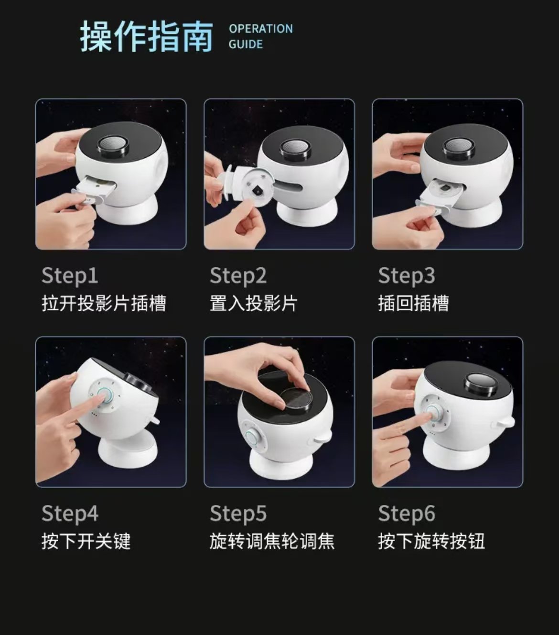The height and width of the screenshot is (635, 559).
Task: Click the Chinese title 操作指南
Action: pos(146,36)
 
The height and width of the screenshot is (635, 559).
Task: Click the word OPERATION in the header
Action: pos(260,29)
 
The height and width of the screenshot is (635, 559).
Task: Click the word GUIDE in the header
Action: pos(246,44)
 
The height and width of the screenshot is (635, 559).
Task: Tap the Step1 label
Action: pos(70,276)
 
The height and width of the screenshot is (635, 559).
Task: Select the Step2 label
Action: pos(238,276)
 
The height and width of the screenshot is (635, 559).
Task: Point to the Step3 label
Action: pos(407,276)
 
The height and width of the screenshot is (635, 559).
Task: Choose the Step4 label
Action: pos(70,514)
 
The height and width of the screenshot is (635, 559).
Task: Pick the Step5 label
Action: pos(238,514)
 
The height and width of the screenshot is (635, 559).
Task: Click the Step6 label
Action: pos(407,514)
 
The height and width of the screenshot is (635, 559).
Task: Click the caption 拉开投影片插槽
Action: pos(104,304)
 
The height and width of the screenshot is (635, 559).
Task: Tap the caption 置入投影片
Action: pos(254,304)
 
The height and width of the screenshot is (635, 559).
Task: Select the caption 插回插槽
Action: pos(413,304)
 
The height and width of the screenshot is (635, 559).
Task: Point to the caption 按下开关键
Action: pos(86,541)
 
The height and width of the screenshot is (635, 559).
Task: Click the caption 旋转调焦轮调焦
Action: pos(272,541)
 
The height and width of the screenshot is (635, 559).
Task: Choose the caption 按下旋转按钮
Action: pos(431,541)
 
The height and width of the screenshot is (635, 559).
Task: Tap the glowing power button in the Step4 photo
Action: pos(104,396)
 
